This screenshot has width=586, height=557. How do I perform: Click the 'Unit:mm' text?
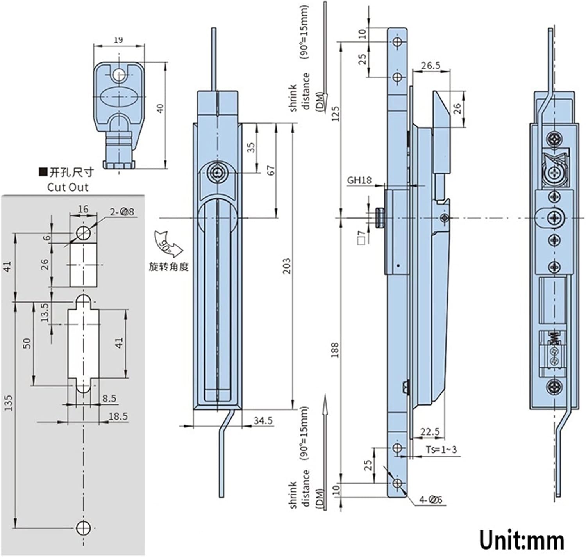(x=522, y=540)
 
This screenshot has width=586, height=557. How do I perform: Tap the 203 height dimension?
(x=287, y=266)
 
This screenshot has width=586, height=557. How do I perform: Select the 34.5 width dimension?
(x=263, y=421)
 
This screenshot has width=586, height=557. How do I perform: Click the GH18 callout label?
(x=359, y=180)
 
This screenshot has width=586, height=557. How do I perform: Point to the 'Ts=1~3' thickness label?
(x=441, y=450)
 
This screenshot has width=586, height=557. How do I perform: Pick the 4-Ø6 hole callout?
(x=431, y=499)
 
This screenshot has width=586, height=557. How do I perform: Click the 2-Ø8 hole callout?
(x=122, y=212)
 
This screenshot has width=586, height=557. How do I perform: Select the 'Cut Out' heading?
(x=68, y=187)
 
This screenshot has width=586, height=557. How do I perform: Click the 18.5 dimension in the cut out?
(x=118, y=416)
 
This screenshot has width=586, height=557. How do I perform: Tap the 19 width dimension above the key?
(x=119, y=40)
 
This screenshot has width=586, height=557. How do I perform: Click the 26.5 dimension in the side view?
(x=431, y=65)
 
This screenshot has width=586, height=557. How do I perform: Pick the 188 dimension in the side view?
(x=335, y=350)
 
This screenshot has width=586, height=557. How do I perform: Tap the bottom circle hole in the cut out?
(x=83, y=528)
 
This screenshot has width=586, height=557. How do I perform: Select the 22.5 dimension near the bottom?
(x=430, y=432)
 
